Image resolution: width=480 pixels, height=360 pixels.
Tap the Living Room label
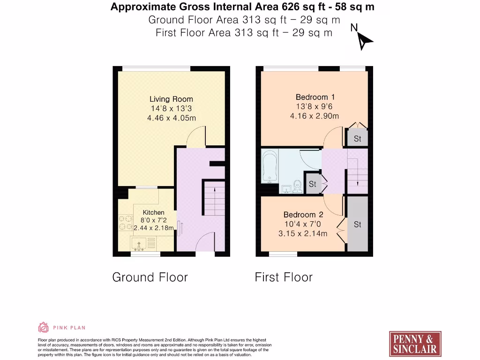[171, 99]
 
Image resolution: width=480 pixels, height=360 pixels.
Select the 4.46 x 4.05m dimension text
[171, 118]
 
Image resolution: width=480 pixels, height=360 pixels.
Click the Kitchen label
[153, 212]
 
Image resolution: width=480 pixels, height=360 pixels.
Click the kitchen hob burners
[125, 222]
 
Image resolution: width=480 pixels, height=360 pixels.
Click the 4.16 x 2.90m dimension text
[314, 116]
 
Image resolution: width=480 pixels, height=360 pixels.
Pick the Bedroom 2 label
[303, 215]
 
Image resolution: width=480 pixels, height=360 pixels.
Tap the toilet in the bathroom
[297, 186]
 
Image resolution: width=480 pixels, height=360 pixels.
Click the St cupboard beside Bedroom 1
[357, 138]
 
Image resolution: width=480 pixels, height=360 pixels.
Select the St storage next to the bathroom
[313, 184]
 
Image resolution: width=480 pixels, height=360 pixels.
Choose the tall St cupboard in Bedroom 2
[357, 225]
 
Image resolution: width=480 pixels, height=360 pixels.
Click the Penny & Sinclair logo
[415, 344]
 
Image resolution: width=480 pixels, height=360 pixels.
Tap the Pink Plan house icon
[43, 327]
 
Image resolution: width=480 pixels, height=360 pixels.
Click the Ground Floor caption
[150, 277]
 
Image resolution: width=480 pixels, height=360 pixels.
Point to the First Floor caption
[283, 277]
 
